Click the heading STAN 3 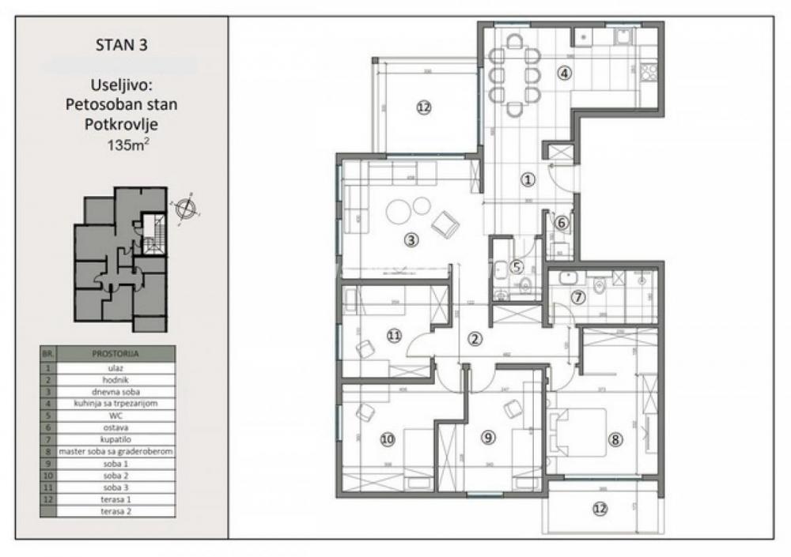pos(120,44)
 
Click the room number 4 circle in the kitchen pos(564,73)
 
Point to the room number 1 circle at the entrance pos(528,179)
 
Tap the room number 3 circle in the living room pos(411,241)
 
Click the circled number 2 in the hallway pos(475,340)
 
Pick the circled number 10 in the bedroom pos(387,440)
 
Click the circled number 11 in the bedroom pos(395,335)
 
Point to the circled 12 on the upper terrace pos(424,108)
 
